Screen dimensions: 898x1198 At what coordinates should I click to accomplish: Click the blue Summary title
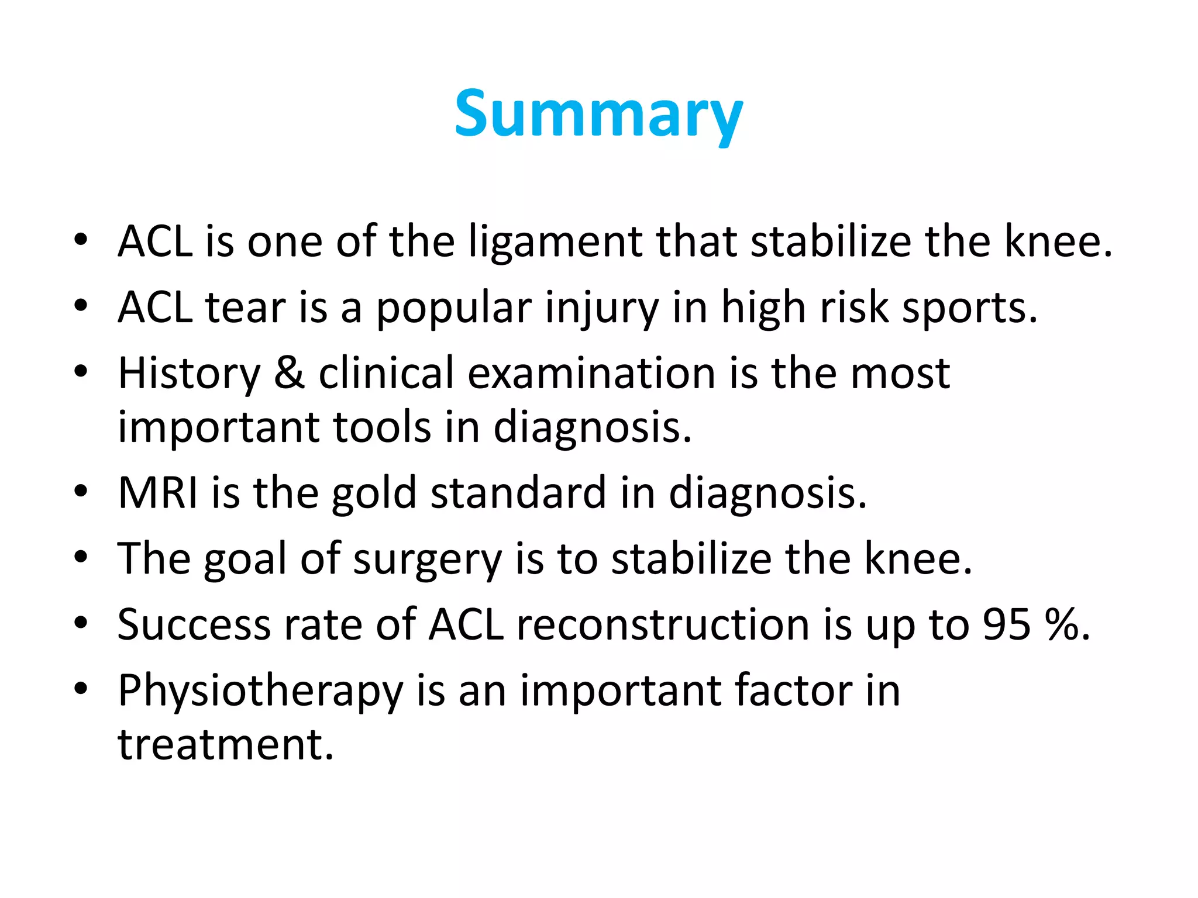[x=598, y=115]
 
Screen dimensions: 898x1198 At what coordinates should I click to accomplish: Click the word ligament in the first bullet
[x=555, y=241]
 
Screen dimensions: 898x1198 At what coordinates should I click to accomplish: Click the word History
[x=188, y=374]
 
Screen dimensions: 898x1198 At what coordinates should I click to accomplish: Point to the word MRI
[x=158, y=493]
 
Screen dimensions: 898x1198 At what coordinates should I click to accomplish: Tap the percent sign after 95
[x=1062, y=624]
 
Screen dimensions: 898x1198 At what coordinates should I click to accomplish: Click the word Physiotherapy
[x=260, y=692]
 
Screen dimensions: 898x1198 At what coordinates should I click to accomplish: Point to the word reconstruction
[x=663, y=624]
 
